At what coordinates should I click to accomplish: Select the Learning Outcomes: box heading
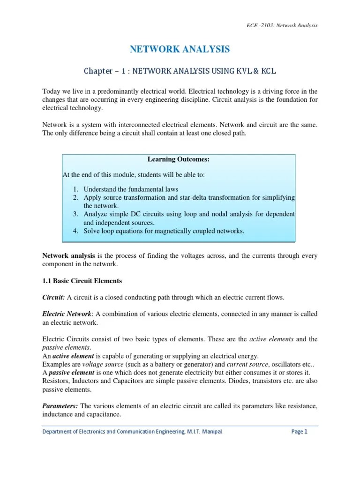point(178,160)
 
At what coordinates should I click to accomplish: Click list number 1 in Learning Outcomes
point(75,189)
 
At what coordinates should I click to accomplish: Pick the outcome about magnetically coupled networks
point(164,231)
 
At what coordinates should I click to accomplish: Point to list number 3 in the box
point(75,214)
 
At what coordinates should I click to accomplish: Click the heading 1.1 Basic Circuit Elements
point(82,281)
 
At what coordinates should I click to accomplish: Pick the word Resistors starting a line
point(56,381)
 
